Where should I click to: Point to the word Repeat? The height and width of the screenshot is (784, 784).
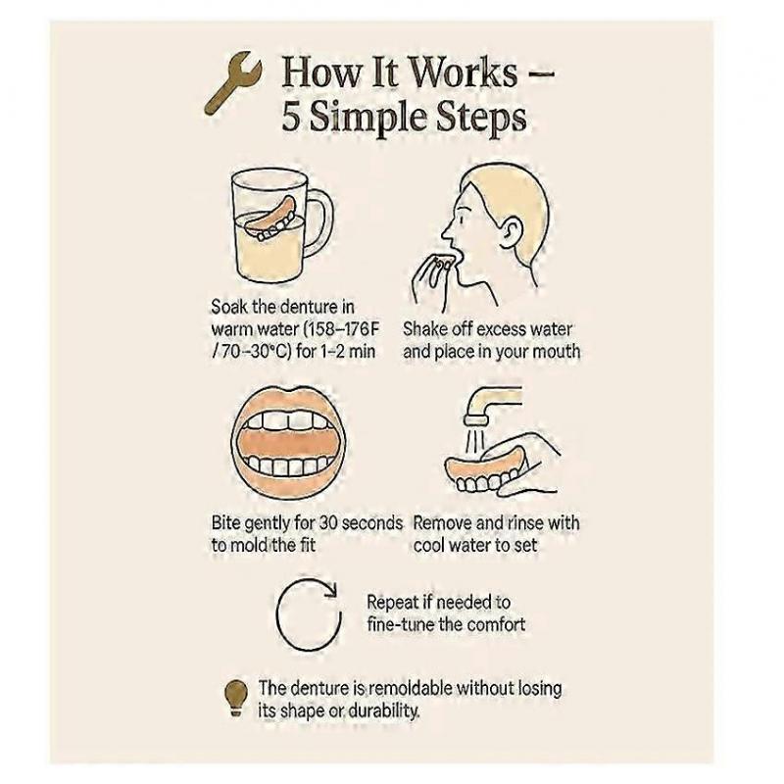394,602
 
